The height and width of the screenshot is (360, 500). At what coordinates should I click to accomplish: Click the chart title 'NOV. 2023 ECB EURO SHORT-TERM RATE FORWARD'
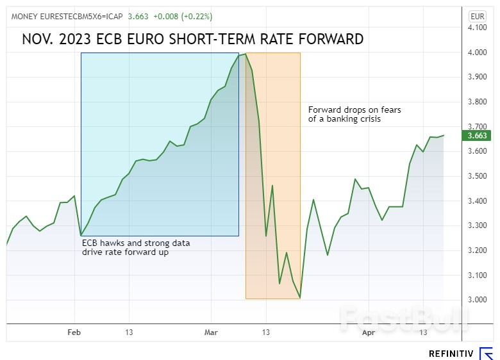(x=192, y=39)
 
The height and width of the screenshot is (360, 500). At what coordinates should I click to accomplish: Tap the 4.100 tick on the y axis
(x=478, y=28)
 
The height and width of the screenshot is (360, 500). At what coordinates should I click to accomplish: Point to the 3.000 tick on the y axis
(x=478, y=300)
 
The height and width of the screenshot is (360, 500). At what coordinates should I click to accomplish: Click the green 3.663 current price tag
(x=477, y=135)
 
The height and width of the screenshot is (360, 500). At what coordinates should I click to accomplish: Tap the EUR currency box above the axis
(x=478, y=16)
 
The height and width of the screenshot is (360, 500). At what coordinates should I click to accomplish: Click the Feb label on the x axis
(x=74, y=332)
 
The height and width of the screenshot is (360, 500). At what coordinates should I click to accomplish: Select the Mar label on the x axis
(x=212, y=332)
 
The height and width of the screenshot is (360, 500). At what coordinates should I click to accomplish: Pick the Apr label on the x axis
(x=369, y=332)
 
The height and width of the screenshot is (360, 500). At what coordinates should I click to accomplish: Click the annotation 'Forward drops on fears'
(x=354, y=110)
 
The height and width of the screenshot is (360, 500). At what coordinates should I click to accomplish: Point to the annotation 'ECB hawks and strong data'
(x=135, y=243)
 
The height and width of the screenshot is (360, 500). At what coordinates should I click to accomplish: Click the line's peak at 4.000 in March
(x=246, y=54)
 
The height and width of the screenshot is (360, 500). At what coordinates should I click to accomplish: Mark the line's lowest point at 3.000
(x=300, y=298)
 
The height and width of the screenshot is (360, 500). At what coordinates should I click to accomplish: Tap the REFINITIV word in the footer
(x=451, y=353)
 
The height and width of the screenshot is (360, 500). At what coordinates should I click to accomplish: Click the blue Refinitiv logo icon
(x=486, y=353)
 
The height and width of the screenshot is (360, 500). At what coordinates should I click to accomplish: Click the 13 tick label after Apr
(x=422, y=332)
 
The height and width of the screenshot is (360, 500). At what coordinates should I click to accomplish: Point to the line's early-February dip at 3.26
(x=81, y=235)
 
